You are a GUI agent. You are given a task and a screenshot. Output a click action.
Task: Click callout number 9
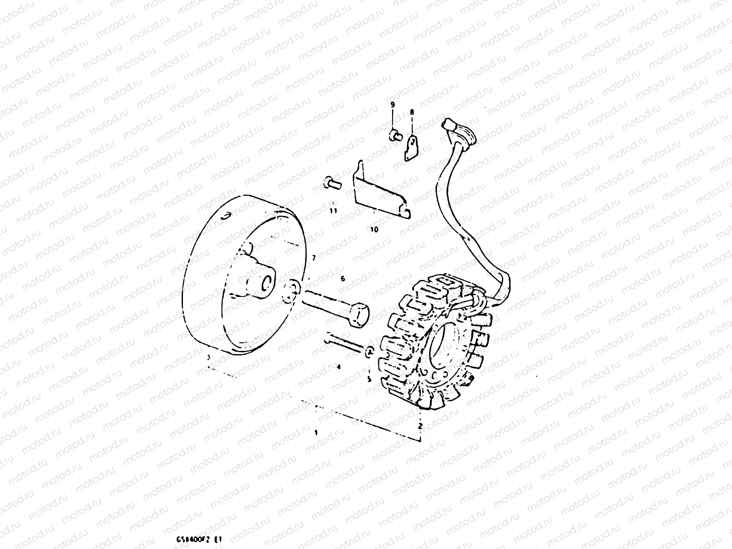392,105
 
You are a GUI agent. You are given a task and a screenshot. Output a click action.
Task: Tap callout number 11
334,210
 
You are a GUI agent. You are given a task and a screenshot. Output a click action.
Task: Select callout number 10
374,230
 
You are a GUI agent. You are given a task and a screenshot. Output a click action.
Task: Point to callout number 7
313,258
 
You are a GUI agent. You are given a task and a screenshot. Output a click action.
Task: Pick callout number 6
342,278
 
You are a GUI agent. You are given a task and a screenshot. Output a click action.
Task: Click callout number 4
339,366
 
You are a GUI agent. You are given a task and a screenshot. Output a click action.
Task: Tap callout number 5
369,379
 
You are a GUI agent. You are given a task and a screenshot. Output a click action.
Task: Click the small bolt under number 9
393,135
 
